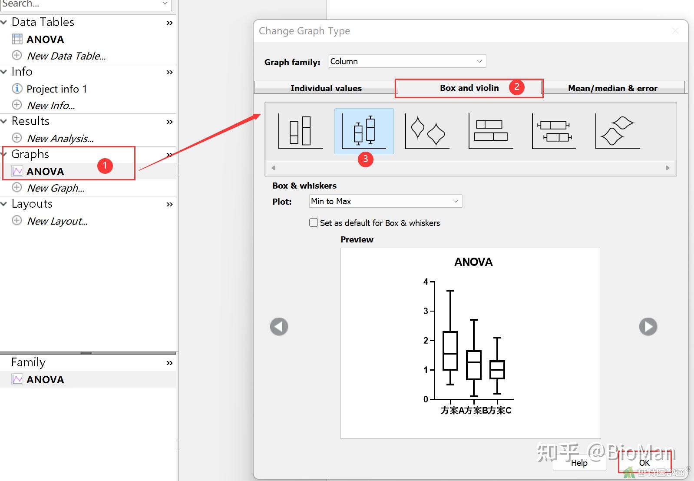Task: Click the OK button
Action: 644,463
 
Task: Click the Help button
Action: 579,463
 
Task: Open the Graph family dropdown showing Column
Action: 407,61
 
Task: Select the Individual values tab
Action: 326,88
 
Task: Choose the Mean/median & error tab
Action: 612,88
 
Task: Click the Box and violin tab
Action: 469,88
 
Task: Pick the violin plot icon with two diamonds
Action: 427,131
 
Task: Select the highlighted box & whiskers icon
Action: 364,131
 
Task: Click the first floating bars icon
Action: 300,131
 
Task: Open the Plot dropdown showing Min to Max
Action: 385,201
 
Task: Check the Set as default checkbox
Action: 314,223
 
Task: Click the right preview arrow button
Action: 648,326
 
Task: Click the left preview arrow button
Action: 279,326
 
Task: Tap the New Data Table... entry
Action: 66,56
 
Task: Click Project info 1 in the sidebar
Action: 56,89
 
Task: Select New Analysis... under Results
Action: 60,139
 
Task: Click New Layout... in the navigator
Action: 57,221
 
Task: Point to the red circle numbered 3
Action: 365,159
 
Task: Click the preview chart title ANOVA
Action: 473,262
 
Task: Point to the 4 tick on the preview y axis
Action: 426,282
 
